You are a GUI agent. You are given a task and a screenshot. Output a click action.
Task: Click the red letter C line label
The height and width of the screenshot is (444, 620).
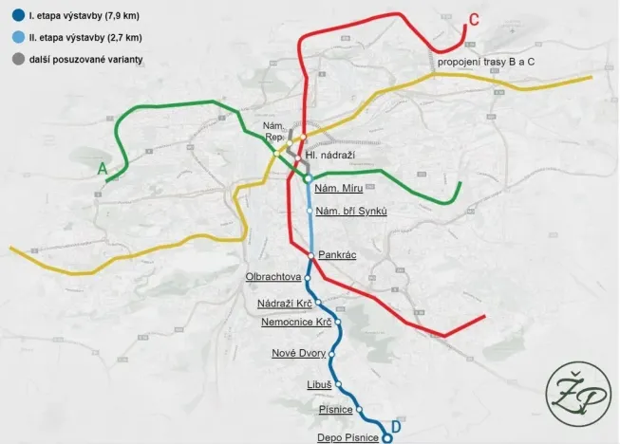coord(474,19)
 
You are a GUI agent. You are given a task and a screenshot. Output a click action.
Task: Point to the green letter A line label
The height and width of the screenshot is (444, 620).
coord(102,169)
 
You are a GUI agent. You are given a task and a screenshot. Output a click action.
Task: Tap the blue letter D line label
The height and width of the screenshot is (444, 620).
coord(396,428)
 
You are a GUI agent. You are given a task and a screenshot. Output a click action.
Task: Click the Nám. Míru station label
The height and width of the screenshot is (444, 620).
coord(339,189)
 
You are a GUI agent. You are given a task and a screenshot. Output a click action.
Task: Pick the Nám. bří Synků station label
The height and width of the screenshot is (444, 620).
coord(351,211)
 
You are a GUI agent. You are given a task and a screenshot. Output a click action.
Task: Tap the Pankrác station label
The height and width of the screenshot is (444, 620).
coord(337,255)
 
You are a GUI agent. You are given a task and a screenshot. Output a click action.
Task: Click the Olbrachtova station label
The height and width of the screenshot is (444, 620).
coord(272,277)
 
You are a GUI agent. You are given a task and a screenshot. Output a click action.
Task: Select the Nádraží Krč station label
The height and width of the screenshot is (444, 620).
coord(285,304)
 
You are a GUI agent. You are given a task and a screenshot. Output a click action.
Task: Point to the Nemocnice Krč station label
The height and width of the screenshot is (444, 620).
coord(296,323)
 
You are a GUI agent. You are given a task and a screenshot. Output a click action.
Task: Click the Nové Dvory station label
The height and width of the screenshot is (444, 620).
coord(298,353)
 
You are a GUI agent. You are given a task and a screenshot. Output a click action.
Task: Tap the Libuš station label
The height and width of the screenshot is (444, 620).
coord(319,385)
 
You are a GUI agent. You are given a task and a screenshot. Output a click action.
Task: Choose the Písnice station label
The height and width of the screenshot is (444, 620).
coord(336,410)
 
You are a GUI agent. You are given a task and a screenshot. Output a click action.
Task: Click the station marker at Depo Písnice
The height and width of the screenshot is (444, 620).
coord(385,437)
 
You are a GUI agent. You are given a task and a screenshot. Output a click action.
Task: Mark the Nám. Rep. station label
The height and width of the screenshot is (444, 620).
coord(275,132)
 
